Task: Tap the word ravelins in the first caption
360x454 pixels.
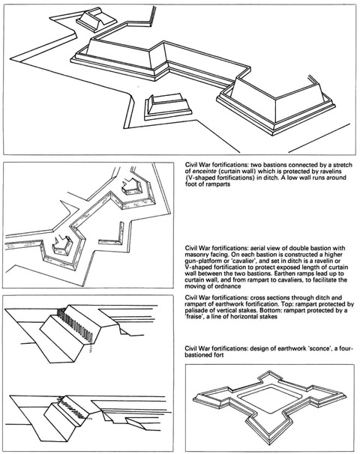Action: (335, 171)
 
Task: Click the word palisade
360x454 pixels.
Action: (196, 310)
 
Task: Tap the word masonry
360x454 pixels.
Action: (196, 255)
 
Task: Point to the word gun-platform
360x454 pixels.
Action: (199, 261)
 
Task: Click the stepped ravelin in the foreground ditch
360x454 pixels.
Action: (167, 106)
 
